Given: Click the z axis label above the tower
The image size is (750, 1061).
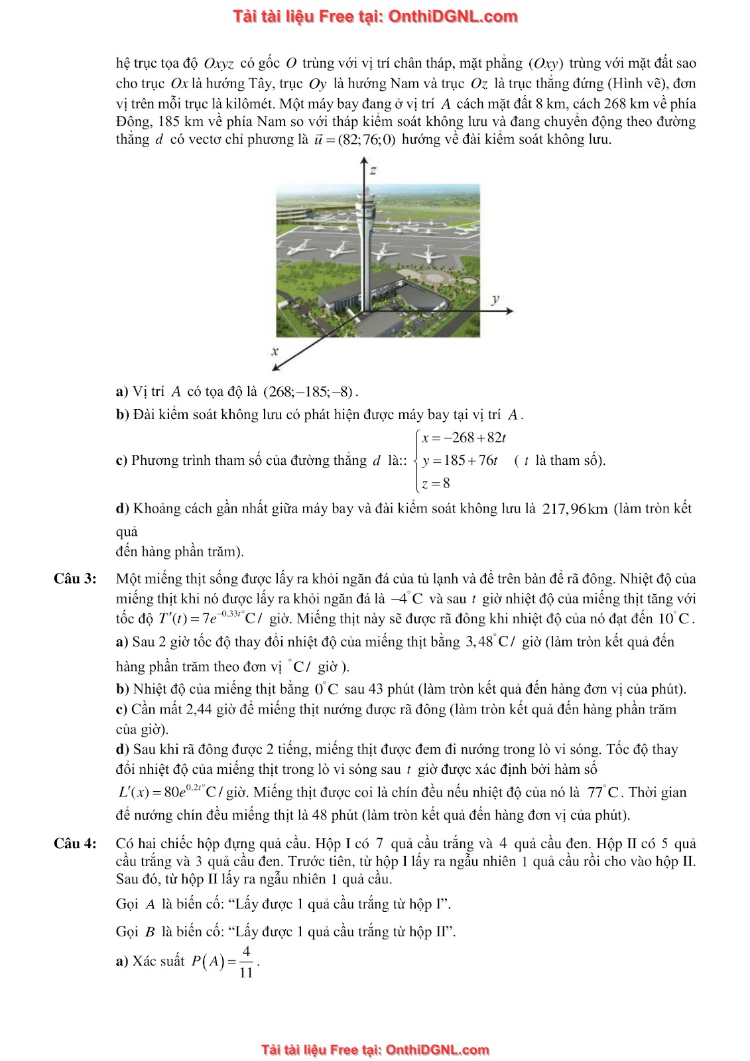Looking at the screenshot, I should point(373,170).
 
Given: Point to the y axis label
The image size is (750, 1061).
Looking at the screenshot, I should point(494,299).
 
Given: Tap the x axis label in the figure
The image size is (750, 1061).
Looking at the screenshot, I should point(275,350).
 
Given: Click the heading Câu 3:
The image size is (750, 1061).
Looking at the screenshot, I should point(75,579).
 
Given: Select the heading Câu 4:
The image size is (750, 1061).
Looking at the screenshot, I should point(75,843).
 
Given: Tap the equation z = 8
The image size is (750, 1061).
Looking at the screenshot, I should point(436,483).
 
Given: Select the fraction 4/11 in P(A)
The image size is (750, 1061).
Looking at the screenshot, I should point(246,962).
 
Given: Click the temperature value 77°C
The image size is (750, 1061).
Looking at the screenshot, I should point(603,792).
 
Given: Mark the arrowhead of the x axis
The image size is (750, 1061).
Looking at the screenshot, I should point(276,366).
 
